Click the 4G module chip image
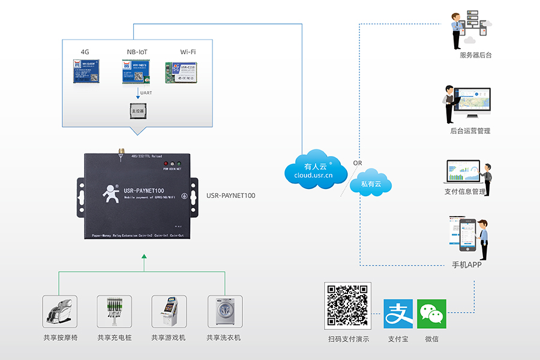tap(86, 71)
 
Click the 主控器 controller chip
tap(139, 110)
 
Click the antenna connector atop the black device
tap(121, 150)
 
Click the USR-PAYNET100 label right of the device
tap(231, 196)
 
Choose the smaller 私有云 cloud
tap(371, 184)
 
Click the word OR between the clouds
tap(358, 163)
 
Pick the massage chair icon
tap(60, 311)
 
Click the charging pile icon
tap(114, 311)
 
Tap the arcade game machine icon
tap(169, 311)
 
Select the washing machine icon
tap(224, 311)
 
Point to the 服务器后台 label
tap(475, 56)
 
